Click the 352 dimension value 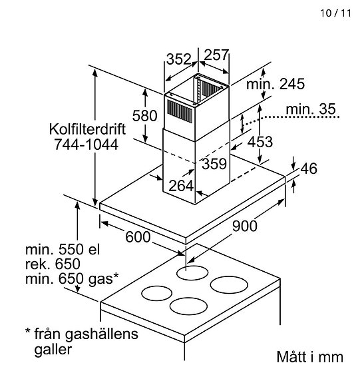178,59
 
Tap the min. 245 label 275,85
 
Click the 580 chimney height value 144,115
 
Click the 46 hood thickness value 309,169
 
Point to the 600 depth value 138,237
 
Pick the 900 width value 245,226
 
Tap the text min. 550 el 62,250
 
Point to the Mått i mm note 309,356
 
